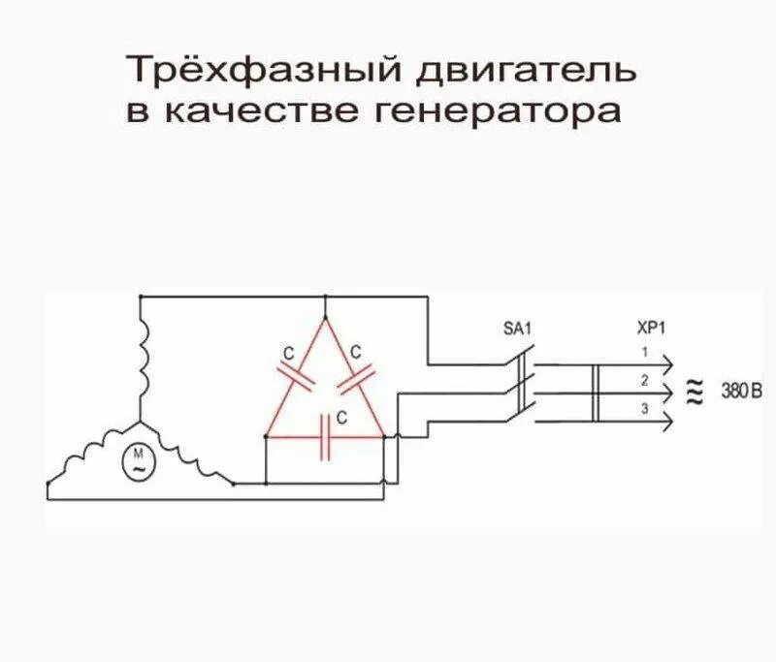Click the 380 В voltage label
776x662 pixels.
tap(741, 392)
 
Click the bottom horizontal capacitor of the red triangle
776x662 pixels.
tap(329, 437)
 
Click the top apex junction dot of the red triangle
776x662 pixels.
tap(325, 297)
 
